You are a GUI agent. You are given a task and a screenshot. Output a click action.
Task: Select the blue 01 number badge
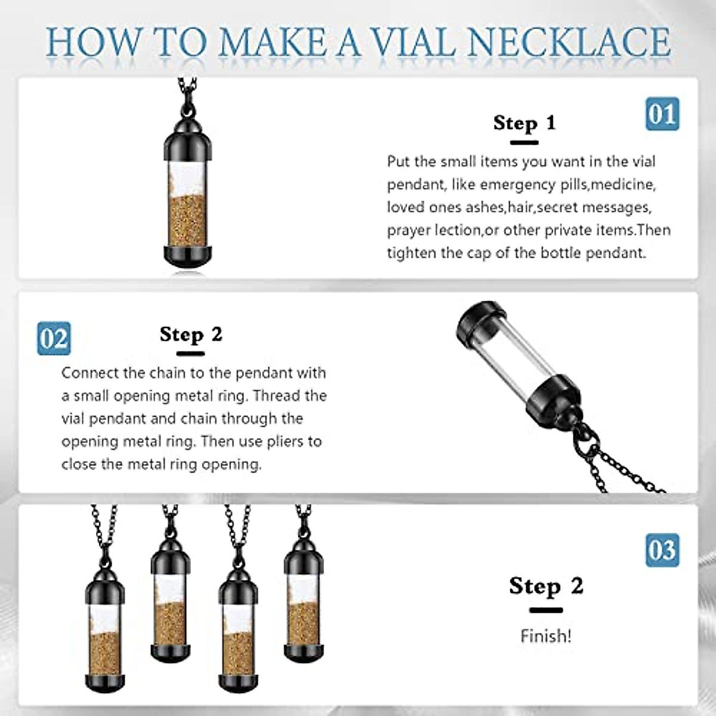point(662,114)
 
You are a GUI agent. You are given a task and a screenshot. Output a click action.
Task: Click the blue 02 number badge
point(54,338)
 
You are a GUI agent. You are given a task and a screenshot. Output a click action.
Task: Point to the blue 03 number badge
point(662,550)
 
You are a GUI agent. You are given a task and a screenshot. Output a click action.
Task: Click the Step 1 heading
point(524,123)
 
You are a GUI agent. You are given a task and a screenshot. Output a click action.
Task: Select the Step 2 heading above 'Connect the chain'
point(191,335)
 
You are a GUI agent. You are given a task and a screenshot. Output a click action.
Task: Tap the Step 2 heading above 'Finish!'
point(546,586)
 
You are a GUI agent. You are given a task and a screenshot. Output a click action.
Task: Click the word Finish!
point(546,636)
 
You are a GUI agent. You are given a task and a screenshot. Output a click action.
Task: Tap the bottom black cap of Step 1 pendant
point(187,254)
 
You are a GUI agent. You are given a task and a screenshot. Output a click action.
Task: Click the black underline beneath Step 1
point(524,143)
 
